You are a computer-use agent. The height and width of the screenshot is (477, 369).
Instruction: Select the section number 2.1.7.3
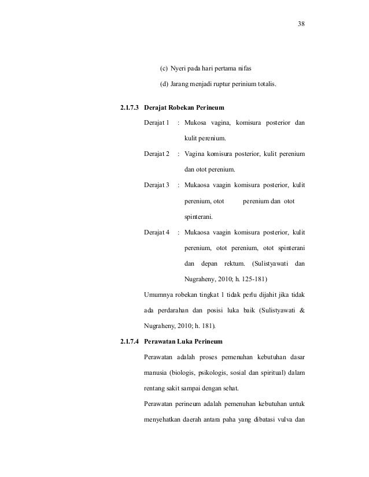[128, 108]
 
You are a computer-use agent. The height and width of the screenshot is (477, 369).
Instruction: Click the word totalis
[264, 86]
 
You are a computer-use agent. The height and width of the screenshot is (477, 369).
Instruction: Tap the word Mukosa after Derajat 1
[198, 123]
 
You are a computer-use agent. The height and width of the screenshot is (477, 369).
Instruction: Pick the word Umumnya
[158, 295]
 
